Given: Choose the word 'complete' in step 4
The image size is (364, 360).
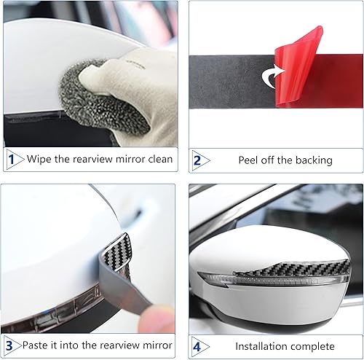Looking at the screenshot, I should click(x=314, y=345).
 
